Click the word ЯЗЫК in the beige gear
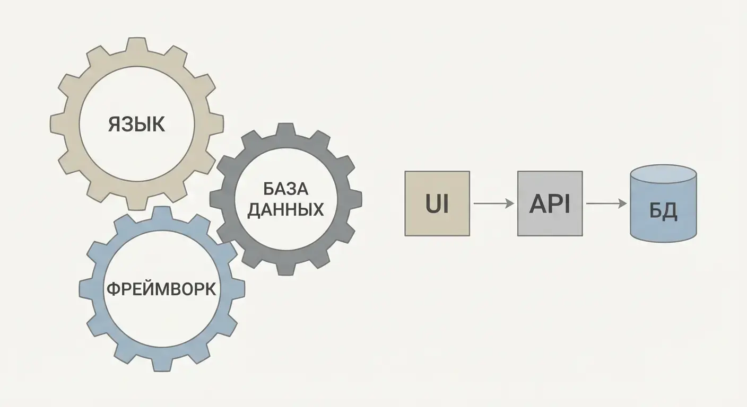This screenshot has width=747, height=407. pyautogui.click(x=136, y=124)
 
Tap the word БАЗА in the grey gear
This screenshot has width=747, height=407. pyautogui.click(x=285, y=189)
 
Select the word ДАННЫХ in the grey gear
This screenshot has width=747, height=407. pyautogui.click(x=285, y=209)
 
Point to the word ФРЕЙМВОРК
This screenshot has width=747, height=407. pyautogui.click(x=161, y=289)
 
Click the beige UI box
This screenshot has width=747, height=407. pyautogui.click(x=437, y=203)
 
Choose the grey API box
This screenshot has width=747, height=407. pyautogui.click(x=550, y=203)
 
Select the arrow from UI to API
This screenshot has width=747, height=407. pyautogui.click(x=493, y=203)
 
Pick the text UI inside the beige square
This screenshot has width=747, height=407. pyautogui.click(x=437, y=204)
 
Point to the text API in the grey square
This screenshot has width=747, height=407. pyautogui.click(x=550, y=204)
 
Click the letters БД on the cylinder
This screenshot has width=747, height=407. pyautogui.click(x=663, y=211)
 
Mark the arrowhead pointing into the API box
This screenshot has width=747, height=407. pyautogui.click(x=510, y=203)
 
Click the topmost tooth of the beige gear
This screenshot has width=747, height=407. pyautogui.click(x=136, y=44)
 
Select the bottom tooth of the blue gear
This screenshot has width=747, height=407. pyautogui.click(x=162, y=365)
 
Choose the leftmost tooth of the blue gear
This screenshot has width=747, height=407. pyautogui.click(x=85, y=289)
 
